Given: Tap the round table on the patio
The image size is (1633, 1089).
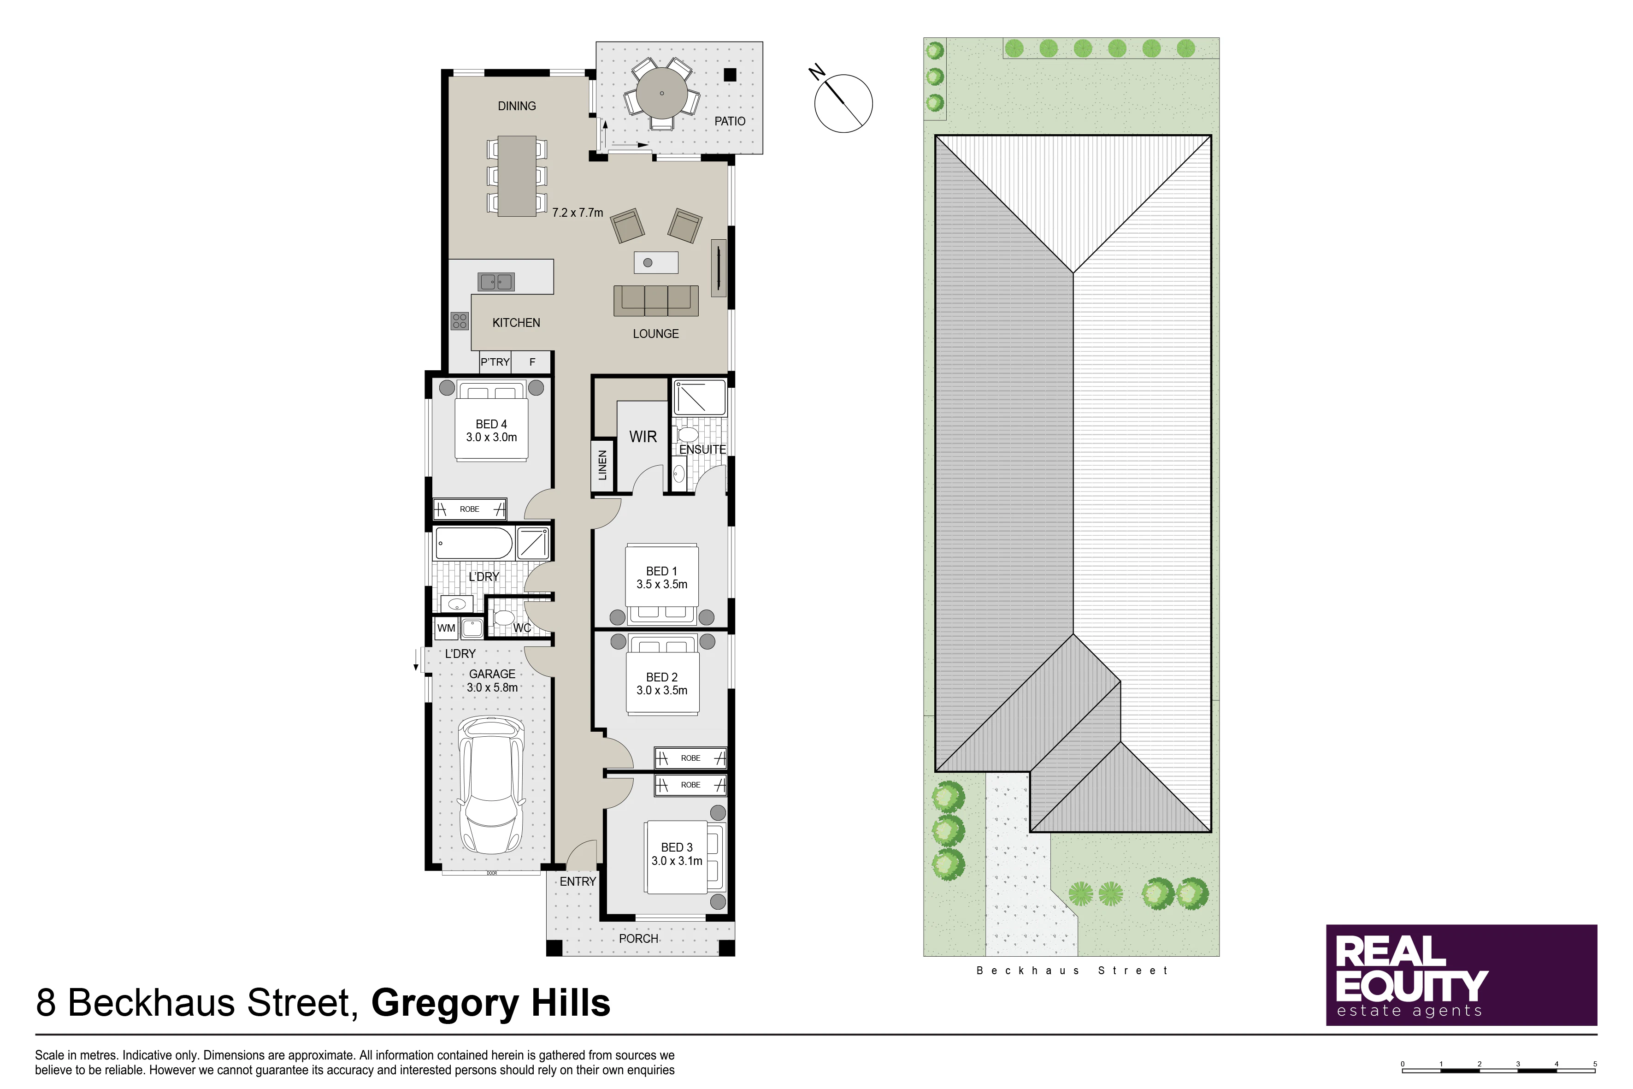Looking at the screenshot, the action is coord(662,93).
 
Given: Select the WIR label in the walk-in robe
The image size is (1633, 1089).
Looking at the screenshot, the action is coord(643,437).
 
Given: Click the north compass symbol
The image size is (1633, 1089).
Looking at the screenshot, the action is coord(842,101).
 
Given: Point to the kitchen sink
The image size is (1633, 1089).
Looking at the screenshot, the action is coord(496,281).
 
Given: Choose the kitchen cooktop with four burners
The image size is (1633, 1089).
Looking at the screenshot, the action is coord(460,321).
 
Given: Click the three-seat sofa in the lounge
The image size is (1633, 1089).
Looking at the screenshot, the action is coord(656,300).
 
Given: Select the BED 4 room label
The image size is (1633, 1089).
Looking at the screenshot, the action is coord(492,431).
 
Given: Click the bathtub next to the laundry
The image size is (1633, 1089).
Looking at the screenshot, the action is coord(473,543).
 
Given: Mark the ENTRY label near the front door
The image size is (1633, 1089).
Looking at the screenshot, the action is coord(578,882).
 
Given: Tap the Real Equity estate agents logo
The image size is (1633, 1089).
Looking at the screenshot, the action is coord(1462,975).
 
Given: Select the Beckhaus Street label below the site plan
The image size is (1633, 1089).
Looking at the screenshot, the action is coord(1072,971).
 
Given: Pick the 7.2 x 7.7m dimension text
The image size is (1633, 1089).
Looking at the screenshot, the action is coord(578,213).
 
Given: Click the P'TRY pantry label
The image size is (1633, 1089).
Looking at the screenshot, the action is coord(495,362).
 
